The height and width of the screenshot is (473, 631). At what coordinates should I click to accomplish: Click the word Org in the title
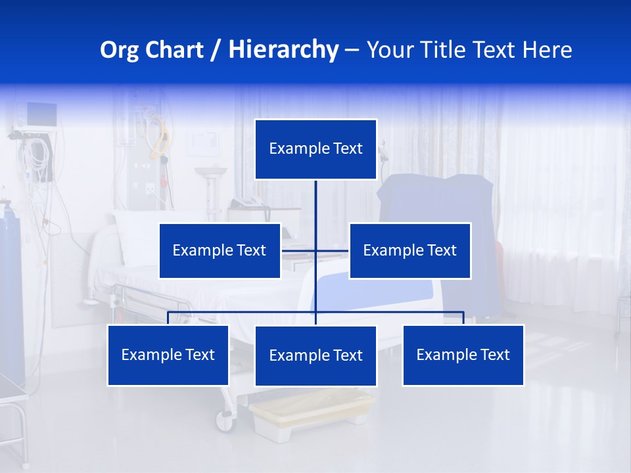120,50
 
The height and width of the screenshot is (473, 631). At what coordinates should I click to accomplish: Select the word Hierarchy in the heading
283,50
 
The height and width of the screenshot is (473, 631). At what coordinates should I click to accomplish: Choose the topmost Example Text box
315,149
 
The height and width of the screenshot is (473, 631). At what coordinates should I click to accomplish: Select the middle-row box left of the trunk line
220,251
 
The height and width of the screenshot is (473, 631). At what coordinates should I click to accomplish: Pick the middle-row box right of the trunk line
409,251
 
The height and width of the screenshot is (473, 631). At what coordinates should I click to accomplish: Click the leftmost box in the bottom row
168,355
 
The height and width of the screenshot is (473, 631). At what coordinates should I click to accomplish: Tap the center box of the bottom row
315,356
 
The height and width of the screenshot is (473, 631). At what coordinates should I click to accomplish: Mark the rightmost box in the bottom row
463,355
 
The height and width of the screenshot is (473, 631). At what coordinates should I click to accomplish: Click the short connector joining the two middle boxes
299,251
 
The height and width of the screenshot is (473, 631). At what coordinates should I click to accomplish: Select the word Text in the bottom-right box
494,355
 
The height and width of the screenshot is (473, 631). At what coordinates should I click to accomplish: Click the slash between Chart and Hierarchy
216,51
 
